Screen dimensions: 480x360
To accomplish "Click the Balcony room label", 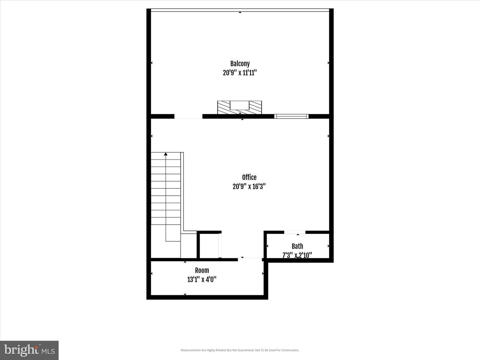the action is [x=240, y=64].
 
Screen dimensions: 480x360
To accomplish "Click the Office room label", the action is [x=249, y=177].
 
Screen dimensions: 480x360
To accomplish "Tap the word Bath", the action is [x=297, y=246].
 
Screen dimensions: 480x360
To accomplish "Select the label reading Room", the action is [x=202, y=270].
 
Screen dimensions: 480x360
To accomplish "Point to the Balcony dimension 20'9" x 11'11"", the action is [x=240, y=73].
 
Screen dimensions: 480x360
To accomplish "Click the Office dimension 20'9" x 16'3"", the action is [x=249, y=186].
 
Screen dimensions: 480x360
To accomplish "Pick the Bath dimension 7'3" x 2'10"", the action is [x=297, y=255].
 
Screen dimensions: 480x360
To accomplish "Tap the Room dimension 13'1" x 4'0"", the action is [x=202, y=279].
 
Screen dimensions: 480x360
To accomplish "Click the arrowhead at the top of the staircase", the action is [x=166, y=154].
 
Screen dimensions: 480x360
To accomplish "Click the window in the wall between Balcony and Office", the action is [x=291, y=116].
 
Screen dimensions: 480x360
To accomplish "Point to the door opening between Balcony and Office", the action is [x=188, y=117].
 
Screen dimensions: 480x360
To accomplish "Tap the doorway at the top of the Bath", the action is [x=295, y=232].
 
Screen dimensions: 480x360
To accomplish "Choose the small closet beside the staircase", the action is [x=209, y=246].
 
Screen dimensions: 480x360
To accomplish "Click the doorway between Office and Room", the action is [x=250, y=259].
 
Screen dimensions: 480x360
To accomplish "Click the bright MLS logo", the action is [x=29, y=350].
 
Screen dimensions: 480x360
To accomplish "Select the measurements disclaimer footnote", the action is [x=240, y=350].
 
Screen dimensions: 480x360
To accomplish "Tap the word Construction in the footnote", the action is [x=290, y=350].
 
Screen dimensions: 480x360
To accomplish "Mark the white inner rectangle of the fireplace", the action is [x=240, y=105].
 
